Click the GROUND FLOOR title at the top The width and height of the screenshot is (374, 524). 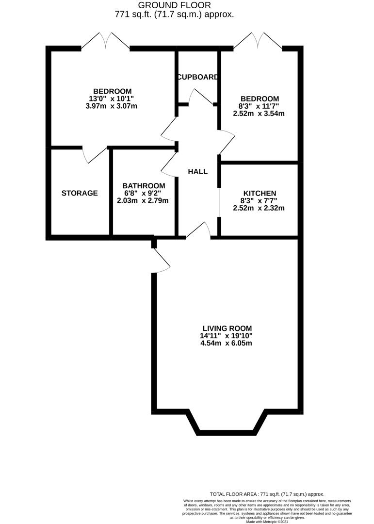coord(175,5)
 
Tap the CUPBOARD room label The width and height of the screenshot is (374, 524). coord(198,77)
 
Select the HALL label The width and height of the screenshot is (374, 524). coord(197,171)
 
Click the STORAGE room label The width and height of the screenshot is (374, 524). coord(80,193)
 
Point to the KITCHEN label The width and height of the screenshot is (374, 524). coord(260,193)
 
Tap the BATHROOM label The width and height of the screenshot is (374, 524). coord(144,186)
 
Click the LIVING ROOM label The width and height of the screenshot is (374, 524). coord(227,328)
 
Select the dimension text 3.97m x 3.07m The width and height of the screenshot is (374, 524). coord(113,106)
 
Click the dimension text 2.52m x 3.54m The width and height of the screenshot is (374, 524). coord(259,114)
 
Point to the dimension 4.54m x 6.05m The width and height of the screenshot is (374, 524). coord(227,343)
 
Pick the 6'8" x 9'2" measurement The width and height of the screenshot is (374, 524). coord(144,193)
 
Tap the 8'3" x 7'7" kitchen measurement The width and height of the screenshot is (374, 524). coord(259,200)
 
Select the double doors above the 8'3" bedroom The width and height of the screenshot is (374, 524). coord(258,40)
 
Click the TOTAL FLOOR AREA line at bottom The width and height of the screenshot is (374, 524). coord(267,494)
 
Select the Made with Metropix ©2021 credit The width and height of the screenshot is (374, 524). coord(267,522)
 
